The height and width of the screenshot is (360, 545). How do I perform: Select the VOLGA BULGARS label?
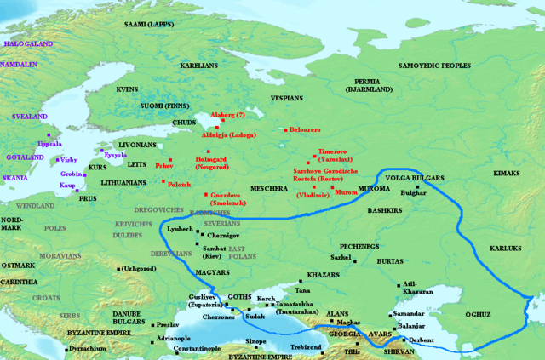coord(415,178)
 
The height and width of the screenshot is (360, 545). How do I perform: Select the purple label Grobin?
coord(72,174)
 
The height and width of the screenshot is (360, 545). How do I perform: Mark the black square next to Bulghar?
coord(417,187)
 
